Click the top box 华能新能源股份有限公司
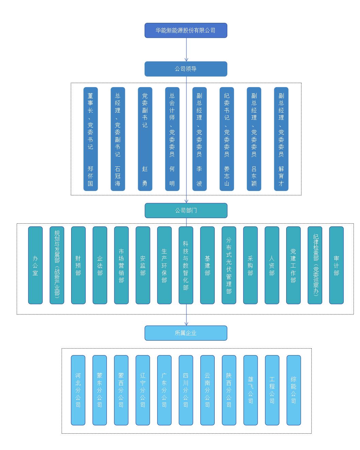pos(186,30)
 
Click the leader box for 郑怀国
pos(91,139)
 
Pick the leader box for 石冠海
pos(118,139)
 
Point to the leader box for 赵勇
pos(145,139)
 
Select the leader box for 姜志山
pos(227,139)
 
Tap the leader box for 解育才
pos(281,139)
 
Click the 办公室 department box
pos(35,265)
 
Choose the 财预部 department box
pos(78,265)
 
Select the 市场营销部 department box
pos(121,265)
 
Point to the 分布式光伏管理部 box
pos(229,265)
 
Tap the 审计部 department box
pos(337,265)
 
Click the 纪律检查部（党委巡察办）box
pos(315,265)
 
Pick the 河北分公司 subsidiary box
pos(78,390)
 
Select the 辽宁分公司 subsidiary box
pos(143,390)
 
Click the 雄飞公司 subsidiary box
pos(251,390)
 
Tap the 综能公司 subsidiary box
pos(294,390)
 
